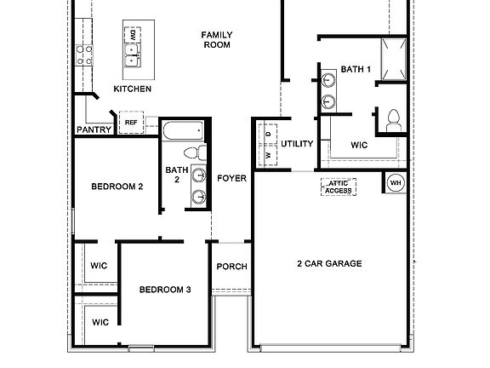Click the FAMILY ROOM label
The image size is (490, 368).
(x=217, y=40)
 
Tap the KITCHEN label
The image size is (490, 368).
(x=133, y=89)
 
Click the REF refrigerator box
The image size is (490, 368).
(x=131, y=123)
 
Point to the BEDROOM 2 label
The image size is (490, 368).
(x=117, y=186)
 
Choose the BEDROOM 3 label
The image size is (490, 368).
(x=165, y=290)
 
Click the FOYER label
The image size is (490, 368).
(x=231, y=178)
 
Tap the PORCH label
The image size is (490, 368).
(x=231, y=267)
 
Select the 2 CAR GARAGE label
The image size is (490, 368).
(x=329, y=264)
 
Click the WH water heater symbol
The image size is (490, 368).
(x=396, y=182)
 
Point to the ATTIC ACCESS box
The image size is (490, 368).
(x=339, y=187)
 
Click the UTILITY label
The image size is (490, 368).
(x=298, y=144)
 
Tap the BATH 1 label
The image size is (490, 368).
(x=356, y=69)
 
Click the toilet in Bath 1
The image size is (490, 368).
(x=393, y=120)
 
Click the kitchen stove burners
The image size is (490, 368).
(x=84, y=55)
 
